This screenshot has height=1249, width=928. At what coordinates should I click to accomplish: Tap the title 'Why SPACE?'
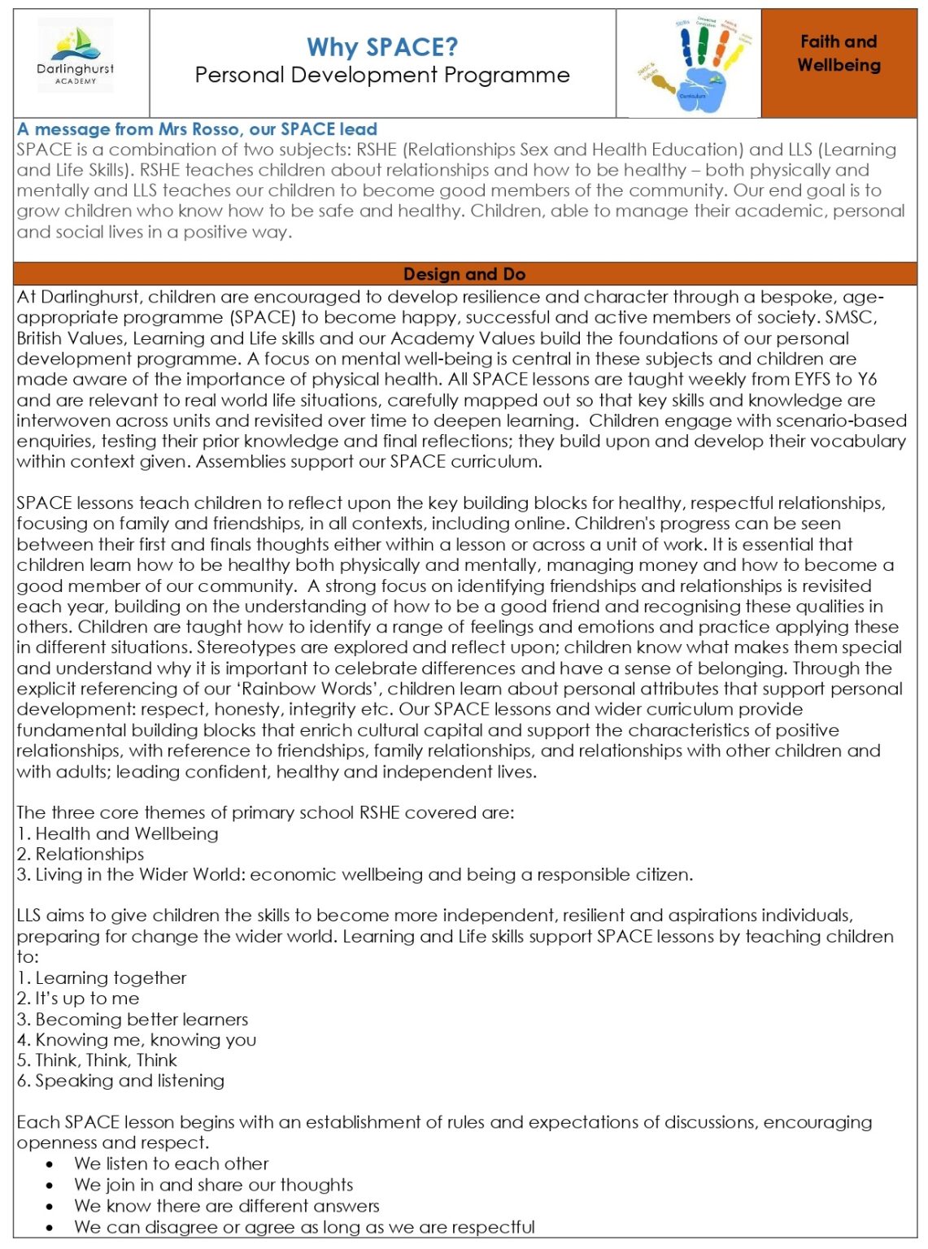[x=382, y=47]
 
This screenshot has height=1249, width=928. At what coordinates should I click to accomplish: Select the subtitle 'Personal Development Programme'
[x=382, y=76]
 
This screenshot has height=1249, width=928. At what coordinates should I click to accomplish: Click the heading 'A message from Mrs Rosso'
[x=197, y=129]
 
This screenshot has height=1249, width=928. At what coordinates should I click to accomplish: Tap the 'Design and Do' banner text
[x=464, y=274]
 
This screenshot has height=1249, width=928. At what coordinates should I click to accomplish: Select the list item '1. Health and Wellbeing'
[x=118, y=833]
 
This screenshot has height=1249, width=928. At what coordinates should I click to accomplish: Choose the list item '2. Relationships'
[x=81, y=854]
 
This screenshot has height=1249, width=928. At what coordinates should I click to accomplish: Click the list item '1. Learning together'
[x=102, y=977]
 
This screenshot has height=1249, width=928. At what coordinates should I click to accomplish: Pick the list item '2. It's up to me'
[x=78, y=998]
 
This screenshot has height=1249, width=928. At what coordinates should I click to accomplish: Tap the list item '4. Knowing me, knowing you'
[x=137, y=1039]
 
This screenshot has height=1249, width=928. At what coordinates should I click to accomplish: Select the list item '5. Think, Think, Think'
[x=97, y=1060]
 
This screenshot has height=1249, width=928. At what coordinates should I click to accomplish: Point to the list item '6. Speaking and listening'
[x=120, y=1081]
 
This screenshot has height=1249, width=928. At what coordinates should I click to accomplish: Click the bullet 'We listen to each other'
[x=171, y=1164]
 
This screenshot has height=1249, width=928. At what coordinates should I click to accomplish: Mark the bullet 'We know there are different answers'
[x=226, y=1205]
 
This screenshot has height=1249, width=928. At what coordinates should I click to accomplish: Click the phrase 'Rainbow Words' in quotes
[x=314, y=689]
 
